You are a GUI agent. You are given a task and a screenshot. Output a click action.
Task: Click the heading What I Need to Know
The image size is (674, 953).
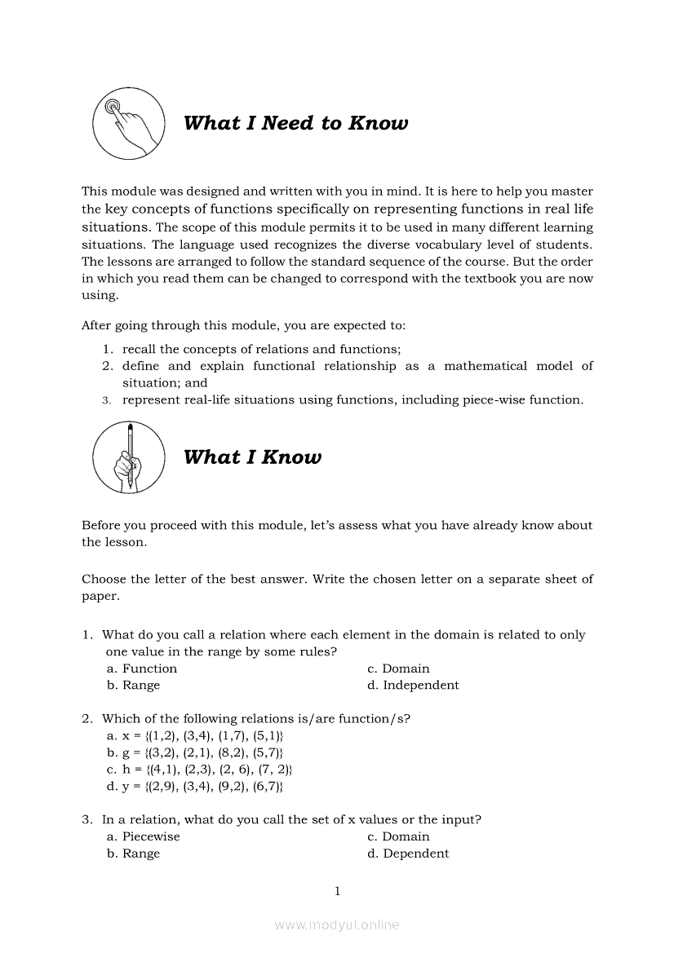coord(295,123)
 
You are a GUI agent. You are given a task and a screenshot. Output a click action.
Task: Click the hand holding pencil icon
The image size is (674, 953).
coord(129,457)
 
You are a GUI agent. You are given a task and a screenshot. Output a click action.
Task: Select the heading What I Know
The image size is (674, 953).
coord(252,457)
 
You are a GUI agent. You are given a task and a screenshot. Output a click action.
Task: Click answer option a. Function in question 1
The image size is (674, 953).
coord(142,668)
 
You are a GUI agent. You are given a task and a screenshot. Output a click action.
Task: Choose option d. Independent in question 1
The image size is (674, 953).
coord(413,686)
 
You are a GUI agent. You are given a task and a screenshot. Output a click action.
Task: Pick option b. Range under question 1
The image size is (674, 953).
coord(134,686)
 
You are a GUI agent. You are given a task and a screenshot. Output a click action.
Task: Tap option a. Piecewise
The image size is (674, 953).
coord(144,836)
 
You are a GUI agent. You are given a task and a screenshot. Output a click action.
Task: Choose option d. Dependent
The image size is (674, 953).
coord(408,854)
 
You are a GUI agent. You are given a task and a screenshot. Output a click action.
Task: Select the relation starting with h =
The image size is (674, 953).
coord(200,770)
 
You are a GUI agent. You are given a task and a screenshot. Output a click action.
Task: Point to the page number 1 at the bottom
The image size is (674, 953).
coord(337,891)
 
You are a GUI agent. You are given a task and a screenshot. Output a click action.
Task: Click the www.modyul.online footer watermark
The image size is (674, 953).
coord(337,925)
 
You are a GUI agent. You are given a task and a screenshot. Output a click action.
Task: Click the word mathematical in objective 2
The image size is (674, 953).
coord(486,366)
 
